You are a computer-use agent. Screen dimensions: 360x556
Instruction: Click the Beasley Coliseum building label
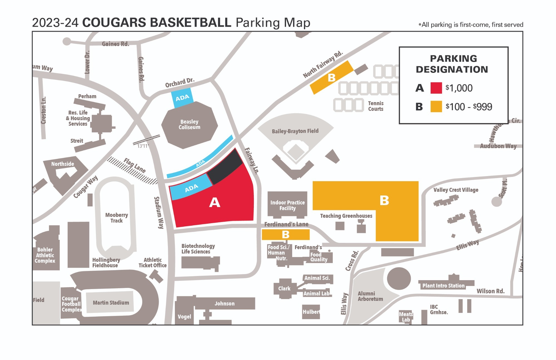pyautogui.click(x=189, y=124)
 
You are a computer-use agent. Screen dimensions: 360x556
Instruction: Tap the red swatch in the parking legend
pyautogui.click(x=436, y=88)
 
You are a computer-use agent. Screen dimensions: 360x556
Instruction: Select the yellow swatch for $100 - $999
pyautogui.click(x=436, y=107)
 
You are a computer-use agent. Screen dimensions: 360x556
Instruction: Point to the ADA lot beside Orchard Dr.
pyautogui.click(x=182, y=98)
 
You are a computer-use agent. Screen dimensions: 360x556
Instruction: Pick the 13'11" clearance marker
pyautogui.click(x=143, y=146)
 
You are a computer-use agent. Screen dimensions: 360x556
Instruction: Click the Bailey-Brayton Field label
pyautogui.click(x=295, y=131)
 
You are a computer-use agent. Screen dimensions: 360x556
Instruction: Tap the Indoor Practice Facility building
pyautogui.click(x=287, y=205)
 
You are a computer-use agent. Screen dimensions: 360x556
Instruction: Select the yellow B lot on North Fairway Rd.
pyautogui.click(x=331, y=78)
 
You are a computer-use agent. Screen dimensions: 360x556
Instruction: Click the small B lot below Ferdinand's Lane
pyautogui.click(x=286, y=235)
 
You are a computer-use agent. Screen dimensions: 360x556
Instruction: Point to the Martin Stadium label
pyautogui.click(x=111, y=302)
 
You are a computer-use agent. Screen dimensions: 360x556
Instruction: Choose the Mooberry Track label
pyautogui.click(x=116, y=218)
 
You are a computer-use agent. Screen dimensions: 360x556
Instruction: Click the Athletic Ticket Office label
pyautogui.click(x=152, y=263)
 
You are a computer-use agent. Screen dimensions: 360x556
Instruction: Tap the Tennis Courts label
pyautogui.click(x=376, y=106)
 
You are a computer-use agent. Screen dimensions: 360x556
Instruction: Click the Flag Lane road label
pyautogui.click(x=135, y=166)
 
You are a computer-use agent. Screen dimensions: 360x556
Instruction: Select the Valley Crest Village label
pyautogui.click(x=456, y=190)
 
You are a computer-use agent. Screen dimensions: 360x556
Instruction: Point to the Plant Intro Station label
pyautogui.click(x=443, y=286)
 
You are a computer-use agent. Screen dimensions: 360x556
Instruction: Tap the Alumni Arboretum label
pyautogui.click(x=370, y=296)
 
